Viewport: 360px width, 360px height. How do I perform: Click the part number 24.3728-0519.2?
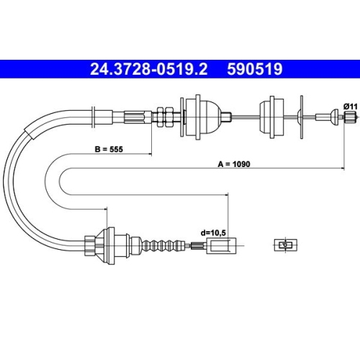149,69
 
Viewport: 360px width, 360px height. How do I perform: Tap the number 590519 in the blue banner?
255,69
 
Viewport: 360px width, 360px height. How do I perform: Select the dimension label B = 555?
109,149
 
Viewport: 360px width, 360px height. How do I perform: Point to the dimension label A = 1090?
234,164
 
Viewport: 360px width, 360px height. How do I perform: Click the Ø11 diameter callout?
351,107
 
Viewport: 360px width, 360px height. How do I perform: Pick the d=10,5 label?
213,233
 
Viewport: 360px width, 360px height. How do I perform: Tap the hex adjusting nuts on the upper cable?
165,117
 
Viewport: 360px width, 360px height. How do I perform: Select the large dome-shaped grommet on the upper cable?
204,117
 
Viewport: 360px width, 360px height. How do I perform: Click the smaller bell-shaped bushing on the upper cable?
271,117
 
